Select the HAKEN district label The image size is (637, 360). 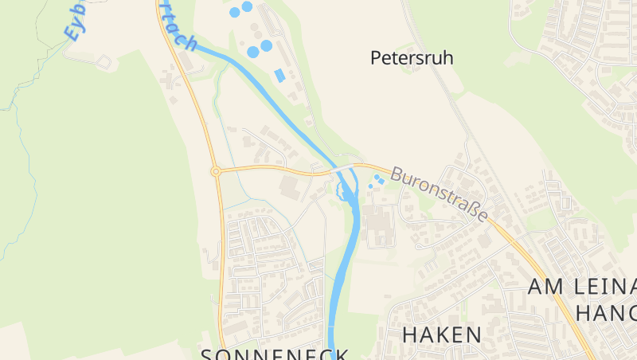point(442,335)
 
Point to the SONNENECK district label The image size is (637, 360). point(275,354)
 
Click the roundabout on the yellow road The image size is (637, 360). point(216,171)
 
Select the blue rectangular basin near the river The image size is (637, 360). point(279,75)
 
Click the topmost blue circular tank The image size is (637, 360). point(247,6)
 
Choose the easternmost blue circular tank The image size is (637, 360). point(266,46)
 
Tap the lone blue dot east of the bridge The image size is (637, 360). point(370,186)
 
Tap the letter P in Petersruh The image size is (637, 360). point(377,57)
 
